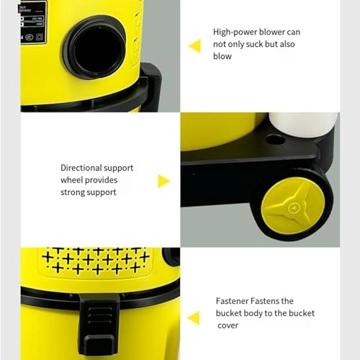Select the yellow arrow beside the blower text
point(194,46)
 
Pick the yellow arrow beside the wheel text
point(163,181)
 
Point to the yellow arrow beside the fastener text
point(193,318)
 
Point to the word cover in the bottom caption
point(228,325)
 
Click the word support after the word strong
point(102,192)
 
